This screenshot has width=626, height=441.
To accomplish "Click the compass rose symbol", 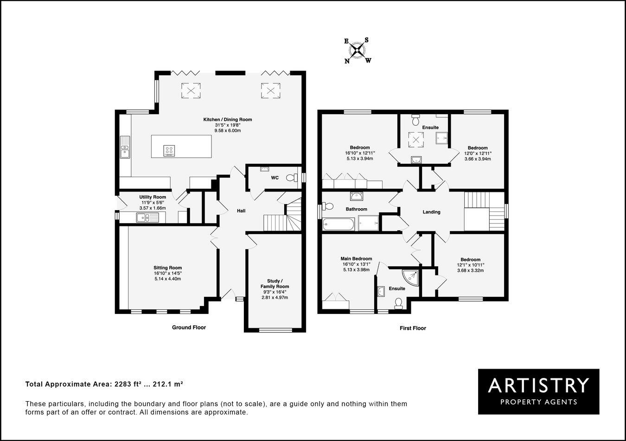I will pos(357,51).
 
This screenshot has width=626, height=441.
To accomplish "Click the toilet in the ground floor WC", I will pos(292,177).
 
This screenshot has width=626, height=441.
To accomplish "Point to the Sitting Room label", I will pos(167,268).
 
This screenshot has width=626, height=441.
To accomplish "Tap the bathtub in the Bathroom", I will pos(338,225).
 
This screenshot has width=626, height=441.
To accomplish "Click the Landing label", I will pos(431,212).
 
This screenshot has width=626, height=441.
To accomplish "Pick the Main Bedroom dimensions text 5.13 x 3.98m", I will pos(356,270).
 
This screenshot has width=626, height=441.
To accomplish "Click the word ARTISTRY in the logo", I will pos(538,385).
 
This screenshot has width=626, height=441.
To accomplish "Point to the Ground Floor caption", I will pos(189,327).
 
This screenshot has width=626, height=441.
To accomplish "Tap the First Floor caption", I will pos(413,328).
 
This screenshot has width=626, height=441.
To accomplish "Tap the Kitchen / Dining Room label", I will pos(227,120).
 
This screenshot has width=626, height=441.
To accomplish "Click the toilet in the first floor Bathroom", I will pos(328,206).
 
